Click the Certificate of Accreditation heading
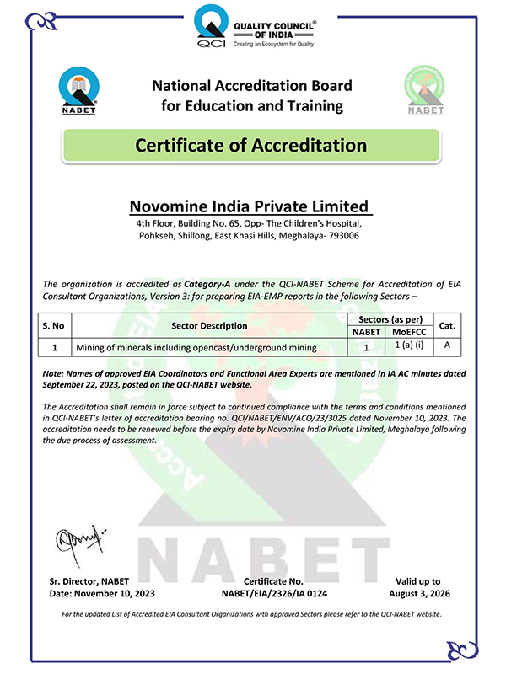point(251,145)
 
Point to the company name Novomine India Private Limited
point(250,206)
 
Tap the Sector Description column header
point(209,325)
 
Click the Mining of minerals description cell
point(196,346)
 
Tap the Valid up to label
point(417,581)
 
